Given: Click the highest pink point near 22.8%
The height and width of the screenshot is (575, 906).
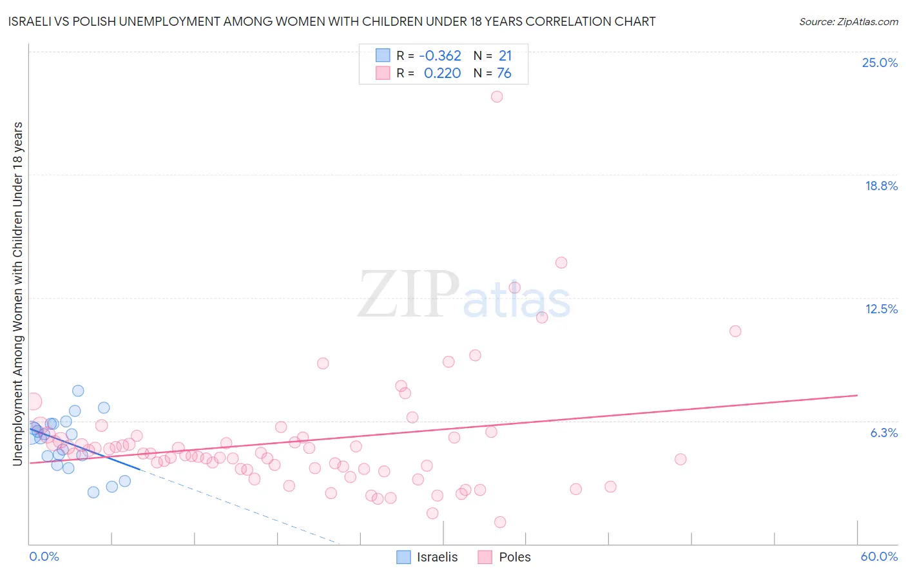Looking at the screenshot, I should click(x=497, y=97).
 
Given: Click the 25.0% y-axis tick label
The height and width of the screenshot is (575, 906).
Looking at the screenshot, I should click(x=880, y=63).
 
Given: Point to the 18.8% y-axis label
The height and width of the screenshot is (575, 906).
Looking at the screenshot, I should click(x=881, y=186).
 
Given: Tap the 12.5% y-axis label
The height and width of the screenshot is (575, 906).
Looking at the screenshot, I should click(x=881, y=309).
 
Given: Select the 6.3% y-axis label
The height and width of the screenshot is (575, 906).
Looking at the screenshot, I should click(x=883, y=433).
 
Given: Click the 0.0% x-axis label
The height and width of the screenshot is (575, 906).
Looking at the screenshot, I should click(x=44, y=556).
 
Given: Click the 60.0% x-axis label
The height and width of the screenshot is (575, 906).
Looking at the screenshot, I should click(x=878, y=556).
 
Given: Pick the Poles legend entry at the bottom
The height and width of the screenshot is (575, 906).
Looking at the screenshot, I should click(x=505, y=557).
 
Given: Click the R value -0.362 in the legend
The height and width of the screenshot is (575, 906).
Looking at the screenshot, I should click(x=440, y=56).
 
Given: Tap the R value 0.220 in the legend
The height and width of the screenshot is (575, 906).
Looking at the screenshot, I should click(x=442, y=73).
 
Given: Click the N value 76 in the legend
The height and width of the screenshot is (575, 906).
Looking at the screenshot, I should click(x=504, y=73).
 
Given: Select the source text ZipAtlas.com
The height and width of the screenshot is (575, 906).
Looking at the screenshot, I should click(x=848, y=21).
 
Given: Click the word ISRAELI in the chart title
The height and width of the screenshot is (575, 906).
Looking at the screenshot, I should click(x=29, y=21).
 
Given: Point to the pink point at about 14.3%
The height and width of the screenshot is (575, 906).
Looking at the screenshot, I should click(x=561, y=262).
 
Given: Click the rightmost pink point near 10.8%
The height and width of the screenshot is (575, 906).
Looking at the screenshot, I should click(x=735, y=331).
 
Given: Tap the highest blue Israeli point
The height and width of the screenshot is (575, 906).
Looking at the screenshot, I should click(x=78, y=391).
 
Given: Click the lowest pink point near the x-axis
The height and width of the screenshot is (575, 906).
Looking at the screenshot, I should click(x=500, y=522).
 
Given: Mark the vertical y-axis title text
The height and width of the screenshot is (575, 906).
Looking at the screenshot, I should click(x=17, y=293).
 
